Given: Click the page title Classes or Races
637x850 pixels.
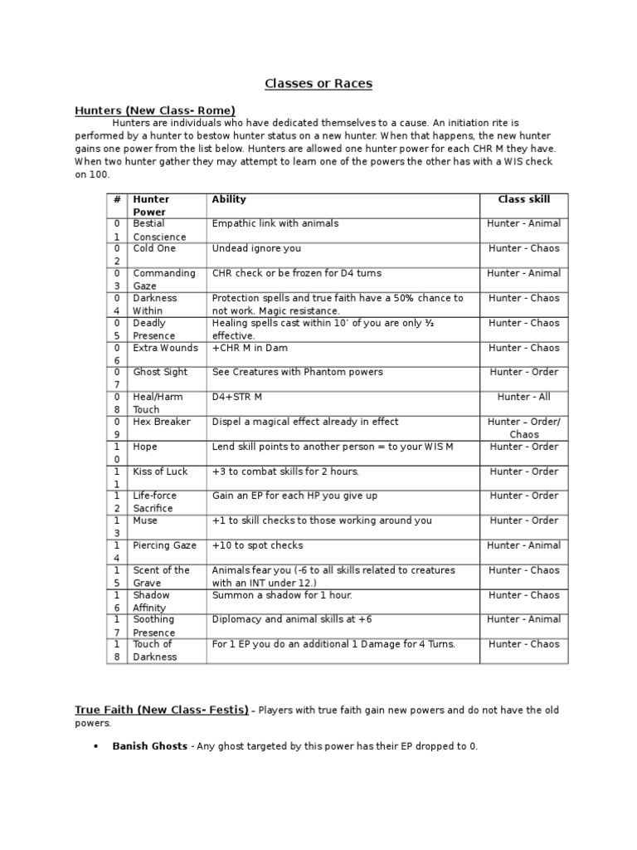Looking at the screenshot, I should [318, 84].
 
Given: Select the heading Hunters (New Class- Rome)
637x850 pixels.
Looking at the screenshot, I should [155, 110].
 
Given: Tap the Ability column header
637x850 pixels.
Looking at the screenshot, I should [229, 199].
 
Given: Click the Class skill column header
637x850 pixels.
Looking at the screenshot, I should [523, 199].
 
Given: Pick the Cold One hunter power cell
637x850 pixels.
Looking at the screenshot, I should [154, 248].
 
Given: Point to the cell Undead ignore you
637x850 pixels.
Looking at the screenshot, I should [256, 248].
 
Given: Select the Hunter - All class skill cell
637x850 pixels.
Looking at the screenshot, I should [523, 397].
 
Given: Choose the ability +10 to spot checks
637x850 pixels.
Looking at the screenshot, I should [257, 545].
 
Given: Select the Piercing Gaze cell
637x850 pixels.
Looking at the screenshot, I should [164, 545].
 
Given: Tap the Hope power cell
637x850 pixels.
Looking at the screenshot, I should [145, 447].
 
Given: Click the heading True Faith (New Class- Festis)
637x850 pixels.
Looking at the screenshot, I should [162, 710].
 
